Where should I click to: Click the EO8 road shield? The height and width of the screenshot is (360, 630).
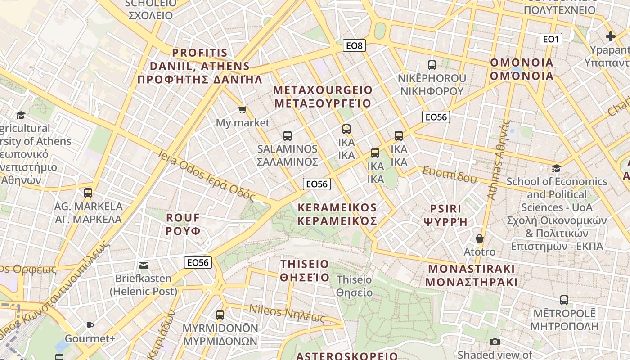pyautogui.click(x=354, y=45)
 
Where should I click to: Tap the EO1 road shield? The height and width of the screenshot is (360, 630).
pyautogui.click(x=550, y=39)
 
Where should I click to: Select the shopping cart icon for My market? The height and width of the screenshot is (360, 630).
pyautogui.click(x=243, y=109)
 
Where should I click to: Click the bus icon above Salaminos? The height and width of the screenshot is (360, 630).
pyautogui.click(x=288, y=135)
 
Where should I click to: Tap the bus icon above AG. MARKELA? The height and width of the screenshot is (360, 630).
pyautogui.click(x=88, y=193)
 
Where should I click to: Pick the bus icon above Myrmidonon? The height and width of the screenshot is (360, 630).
pyautogui.click(x=220, y=315)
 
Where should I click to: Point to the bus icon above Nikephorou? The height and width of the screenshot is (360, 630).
pyautogui.click(x=432, y=65)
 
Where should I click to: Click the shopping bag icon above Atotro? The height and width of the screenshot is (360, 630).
pyautogui.click(x=480, y=238)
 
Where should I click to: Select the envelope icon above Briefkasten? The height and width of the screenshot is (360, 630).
pyautogui.click(x=144, y=265)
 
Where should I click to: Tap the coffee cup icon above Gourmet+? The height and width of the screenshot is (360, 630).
pyautogui.click(x=90, y=325)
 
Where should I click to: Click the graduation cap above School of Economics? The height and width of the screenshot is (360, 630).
pyautogui.click(x=557, y=168)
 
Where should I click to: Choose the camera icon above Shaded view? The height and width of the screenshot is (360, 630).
pyautogui.click(x=495, y=342)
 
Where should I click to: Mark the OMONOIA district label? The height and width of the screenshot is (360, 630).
pyautogui.click(x=522, y=69)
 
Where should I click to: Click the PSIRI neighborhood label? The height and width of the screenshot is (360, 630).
pyautogui.click(x=445, y=215)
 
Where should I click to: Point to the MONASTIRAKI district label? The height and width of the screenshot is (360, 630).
pyautogui.click(x=471, y=275)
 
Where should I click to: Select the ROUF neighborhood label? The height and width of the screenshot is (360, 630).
pyautogui.click(x=183, y=224)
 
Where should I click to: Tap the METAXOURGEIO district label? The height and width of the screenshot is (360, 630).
pyautogui.click(x=323, y=97)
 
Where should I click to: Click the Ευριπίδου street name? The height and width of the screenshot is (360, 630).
pyautogui.click(x=450, y=175)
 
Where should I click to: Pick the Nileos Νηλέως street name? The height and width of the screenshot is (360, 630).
pyautogui.click(x=287, y=313)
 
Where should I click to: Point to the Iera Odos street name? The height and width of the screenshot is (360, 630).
pyautogui.click(x=207, y=176)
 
